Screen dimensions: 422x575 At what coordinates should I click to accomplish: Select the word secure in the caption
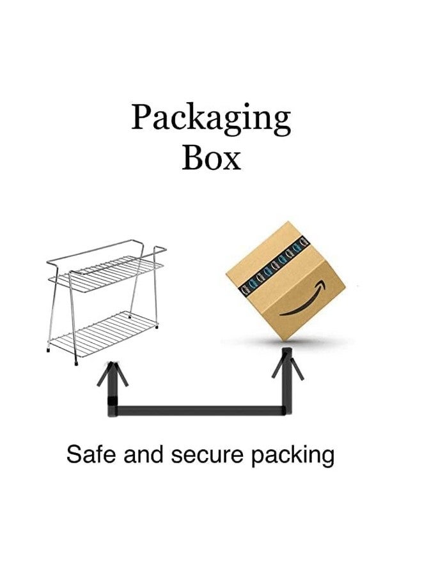coord(207,454)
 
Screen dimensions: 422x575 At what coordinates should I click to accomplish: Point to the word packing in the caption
coord(292,456)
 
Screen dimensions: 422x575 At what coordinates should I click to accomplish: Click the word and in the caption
coord(143,454)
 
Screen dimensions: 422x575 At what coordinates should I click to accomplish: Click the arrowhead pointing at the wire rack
coord(113,373)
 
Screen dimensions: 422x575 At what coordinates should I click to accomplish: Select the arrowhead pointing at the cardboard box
coord(287,364)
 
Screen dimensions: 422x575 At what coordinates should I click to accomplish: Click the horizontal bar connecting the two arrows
coord(200,411)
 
